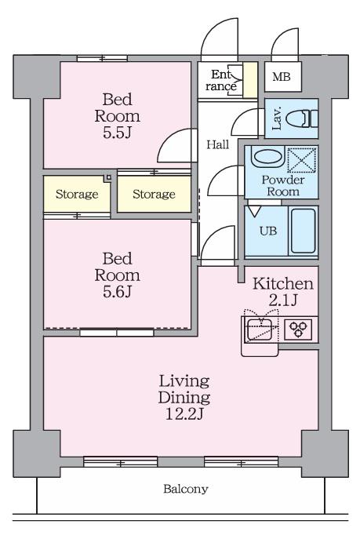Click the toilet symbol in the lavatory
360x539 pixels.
click(302, 119)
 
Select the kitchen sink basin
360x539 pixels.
click(260, 330)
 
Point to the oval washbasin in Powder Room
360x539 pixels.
click(267, 157)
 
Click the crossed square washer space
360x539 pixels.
click(302, 160)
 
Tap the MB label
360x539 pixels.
click(282, 76)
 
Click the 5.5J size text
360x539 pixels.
click(117, 133)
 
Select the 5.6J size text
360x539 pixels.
click(117, 292)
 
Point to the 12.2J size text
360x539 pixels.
click(184, 414)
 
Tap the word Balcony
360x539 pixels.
click(186, 489)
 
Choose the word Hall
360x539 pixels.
click(218, 144)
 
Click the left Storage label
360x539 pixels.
click(77, 195)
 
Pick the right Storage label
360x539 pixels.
click(154, 195)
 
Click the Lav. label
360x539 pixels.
click(277, 118)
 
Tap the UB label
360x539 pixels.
click(268, 231)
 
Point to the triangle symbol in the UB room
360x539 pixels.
click(254, 211)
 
